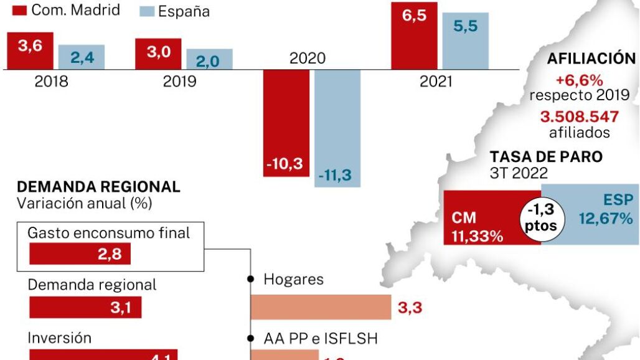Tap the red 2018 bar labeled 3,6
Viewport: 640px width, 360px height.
(x=29, y=50)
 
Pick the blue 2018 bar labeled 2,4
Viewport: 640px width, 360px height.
(x=82, y=57)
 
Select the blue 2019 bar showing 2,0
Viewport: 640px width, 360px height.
(x=209, y=59)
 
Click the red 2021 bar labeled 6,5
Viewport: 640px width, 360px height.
(x=414, y=35)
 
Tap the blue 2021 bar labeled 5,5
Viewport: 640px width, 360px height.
(x=466, y=40)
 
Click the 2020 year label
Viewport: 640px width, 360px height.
(x=308, y=59)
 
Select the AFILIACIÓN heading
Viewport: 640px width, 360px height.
(x=591, y=59)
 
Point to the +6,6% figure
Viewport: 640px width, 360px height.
(x=580, y=80)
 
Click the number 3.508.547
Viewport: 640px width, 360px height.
(x=580, y=117)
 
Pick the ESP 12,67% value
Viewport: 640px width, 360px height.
(x=605, y=211)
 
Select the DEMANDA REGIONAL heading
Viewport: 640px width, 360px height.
(x=99, y=187)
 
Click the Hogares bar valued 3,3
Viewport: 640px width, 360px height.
(x=320, y=307)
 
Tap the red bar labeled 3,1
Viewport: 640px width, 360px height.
(x=85, y=307)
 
